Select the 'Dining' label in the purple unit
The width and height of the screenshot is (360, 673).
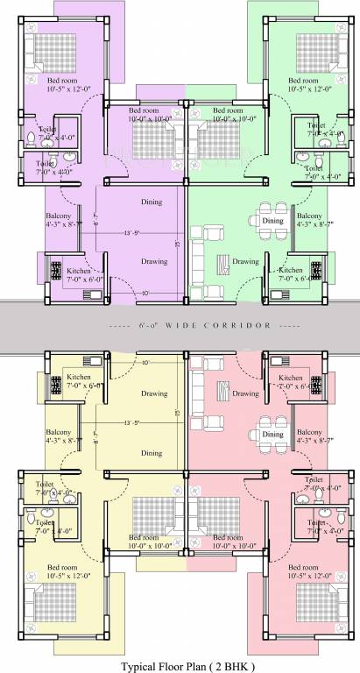click(x=152, y=202)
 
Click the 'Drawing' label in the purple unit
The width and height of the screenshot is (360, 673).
click(x=154, y=261)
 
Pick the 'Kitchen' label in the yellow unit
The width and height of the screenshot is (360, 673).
click(x=79, y=378)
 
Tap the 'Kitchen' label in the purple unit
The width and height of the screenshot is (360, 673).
click(x=79, y=272)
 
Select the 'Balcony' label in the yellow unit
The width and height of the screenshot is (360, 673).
click(x=59, y=432)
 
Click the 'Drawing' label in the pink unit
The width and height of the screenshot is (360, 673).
click(x=246, y=393)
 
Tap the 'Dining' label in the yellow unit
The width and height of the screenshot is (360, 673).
click(x=152, y=453)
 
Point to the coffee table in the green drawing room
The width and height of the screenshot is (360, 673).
click(x=225, y=260)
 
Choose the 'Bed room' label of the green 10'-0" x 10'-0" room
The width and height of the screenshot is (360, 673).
click(x=215, y=110)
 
